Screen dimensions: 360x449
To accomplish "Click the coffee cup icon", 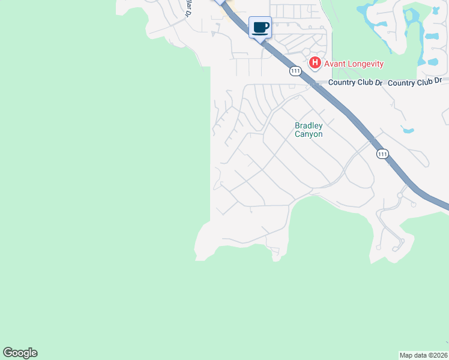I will click(260, 27).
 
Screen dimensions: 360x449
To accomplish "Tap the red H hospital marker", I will click(315, 63).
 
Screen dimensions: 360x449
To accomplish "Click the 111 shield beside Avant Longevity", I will click(295, 71).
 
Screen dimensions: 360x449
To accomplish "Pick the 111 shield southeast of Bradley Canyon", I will click(382, 154).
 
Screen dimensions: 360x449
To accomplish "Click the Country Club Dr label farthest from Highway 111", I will click(415, 81).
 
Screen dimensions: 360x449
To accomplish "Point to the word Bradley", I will click(309, 126).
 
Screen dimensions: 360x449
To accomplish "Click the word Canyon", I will click(309, 134).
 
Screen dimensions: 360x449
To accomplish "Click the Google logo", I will click(20, 353).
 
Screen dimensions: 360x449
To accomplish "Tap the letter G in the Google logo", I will click(8, 353).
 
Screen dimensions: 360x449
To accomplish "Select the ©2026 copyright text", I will click(437, 355).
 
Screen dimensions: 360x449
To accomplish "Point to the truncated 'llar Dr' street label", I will click(188, 8).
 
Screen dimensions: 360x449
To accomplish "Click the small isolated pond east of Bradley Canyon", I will click(408, 130).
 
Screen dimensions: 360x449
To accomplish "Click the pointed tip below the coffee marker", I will click(260, 41).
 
